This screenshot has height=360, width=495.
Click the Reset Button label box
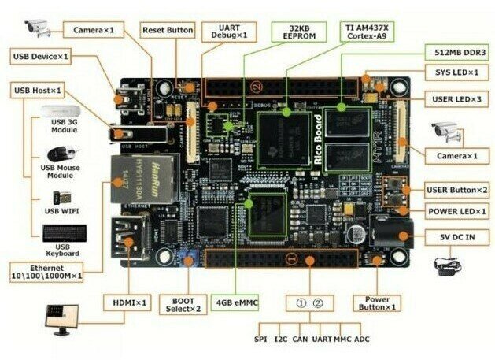[x=168, y=30]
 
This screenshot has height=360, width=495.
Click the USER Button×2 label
[x=457, y=190]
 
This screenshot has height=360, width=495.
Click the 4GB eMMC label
[x=236, y=302]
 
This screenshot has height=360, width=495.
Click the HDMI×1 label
[x=126, y=302]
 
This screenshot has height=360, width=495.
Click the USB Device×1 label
[x=42, y=56]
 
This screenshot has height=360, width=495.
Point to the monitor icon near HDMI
[x=63, y=315]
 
